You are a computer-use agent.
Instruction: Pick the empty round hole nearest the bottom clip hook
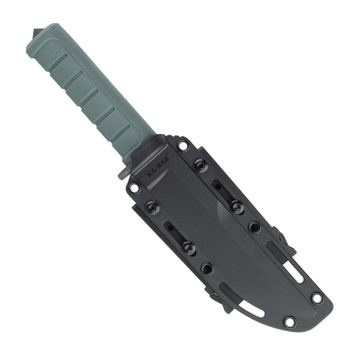[207, 268]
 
